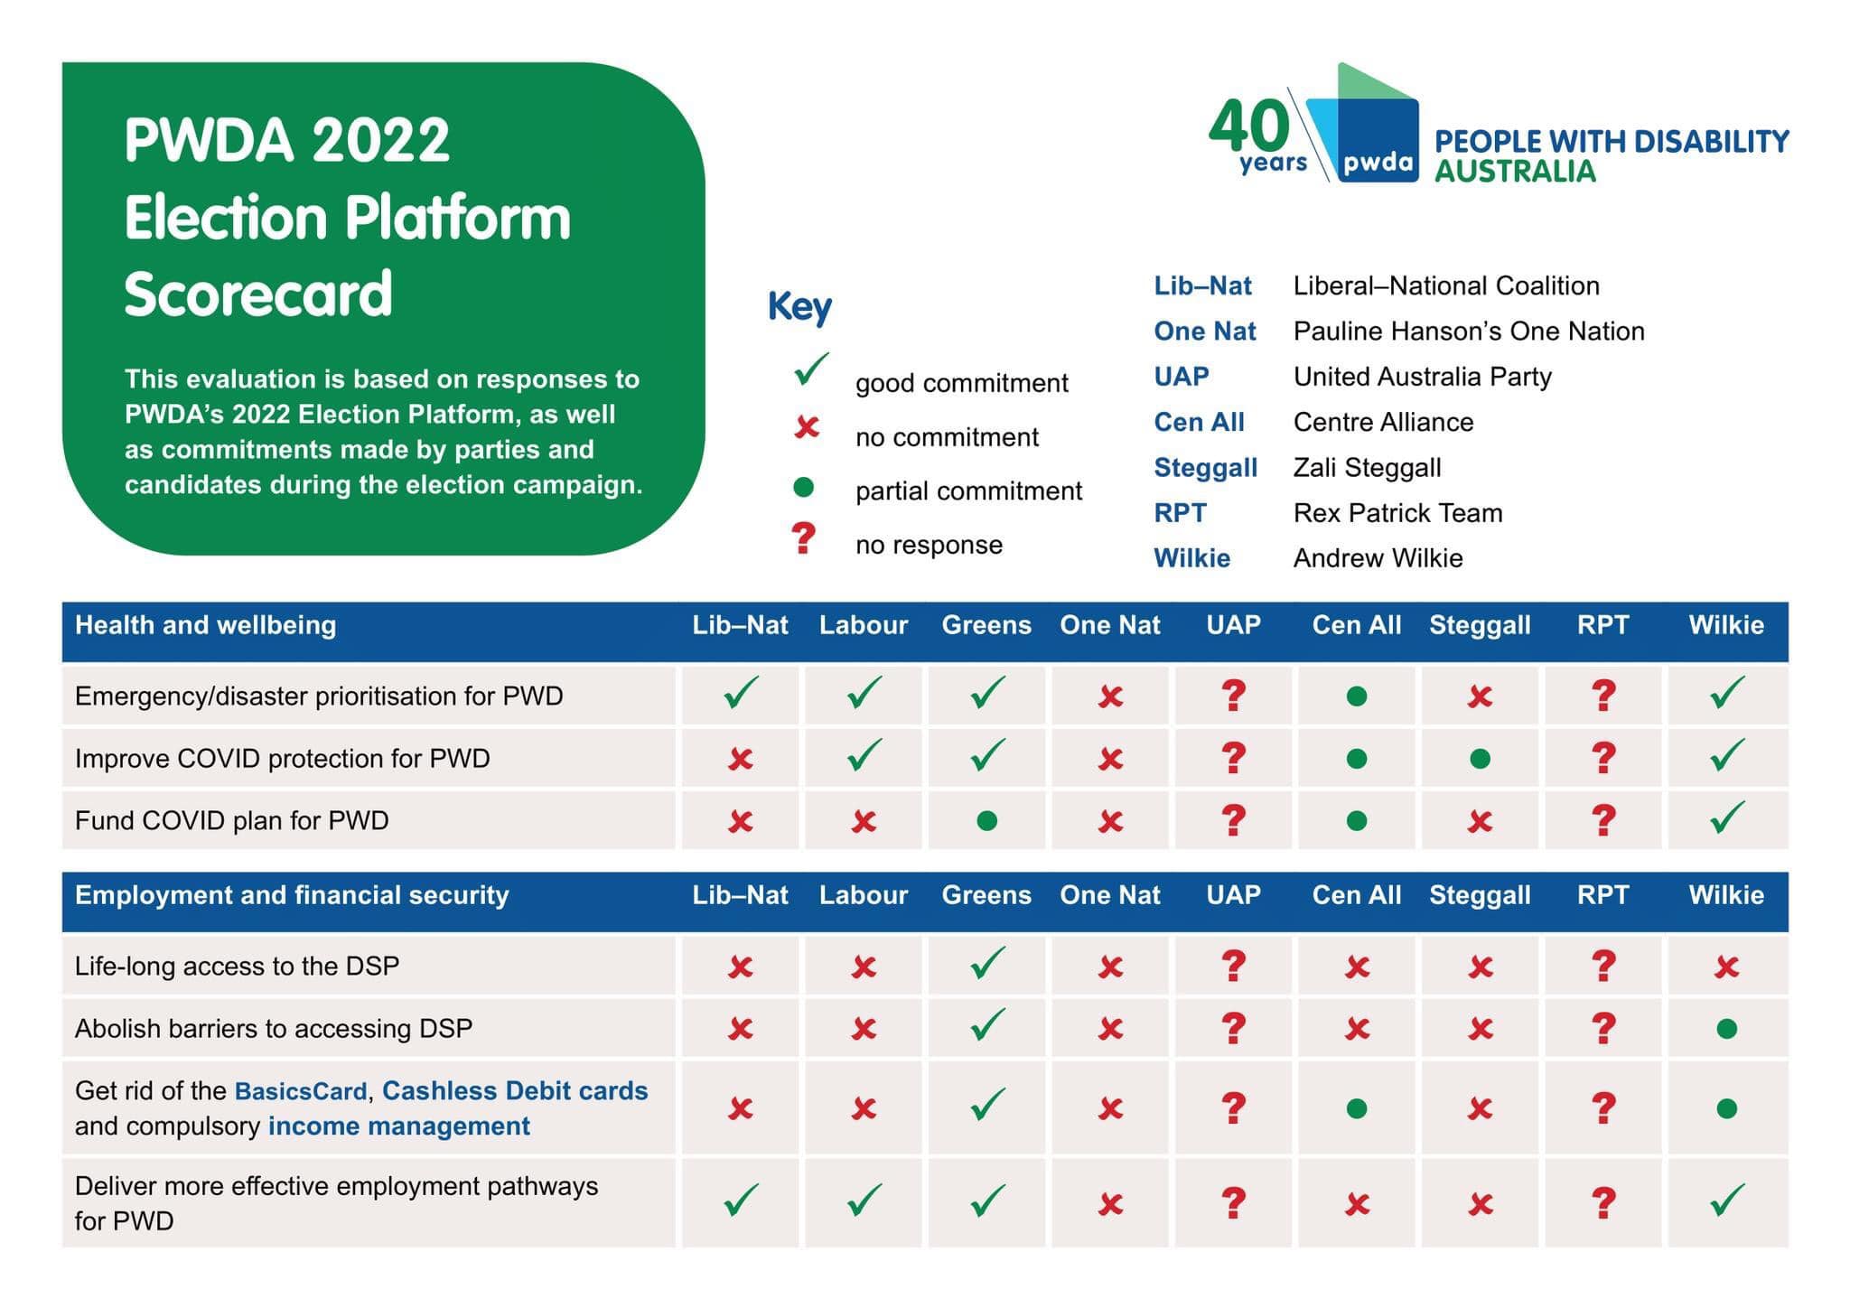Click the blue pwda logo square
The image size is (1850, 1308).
pyautogui.click(x=1378, y=140)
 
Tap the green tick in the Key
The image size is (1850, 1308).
pyautogui.click(x=810, y=369)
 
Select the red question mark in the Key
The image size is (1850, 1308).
pyautogui.click(x=803, y=538)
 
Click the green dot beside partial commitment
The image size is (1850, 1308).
pyautogui.click(x=803, y=488)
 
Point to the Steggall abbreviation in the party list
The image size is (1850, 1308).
pyautogui.click(x=1205, y=468)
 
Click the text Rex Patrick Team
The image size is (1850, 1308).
pyautogui.click(x=1397, y=513)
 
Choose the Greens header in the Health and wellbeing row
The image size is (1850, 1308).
pyautogui.click(x=986, y=625)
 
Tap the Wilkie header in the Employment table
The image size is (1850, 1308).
pyautogui.click(x=1726, y=895)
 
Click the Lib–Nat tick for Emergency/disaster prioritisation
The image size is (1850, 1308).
pyautogui.click(x=741, y=693)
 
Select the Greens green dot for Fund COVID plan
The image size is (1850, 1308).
pyautogui.click(x=987, y=821)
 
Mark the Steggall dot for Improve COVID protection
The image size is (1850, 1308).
pyautogui.click(x=1480, y=759)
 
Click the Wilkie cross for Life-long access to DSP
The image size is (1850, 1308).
pyautogui.click(x=1726, y=967)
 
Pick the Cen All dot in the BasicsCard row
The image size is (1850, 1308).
pyautogui.click(x=1357, y=1108)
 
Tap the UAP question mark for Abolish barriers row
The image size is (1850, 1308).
pyautogui.click(x=1233, y=1028)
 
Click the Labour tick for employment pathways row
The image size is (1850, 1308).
pyautogui.click(x=864, y=1200)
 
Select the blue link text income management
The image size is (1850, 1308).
pyautogui.click(x=399, y=1126)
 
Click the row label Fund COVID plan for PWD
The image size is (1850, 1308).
pyautogui.click(x=232, y=820)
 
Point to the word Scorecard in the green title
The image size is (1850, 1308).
pyautogui.click(x=258, y=294)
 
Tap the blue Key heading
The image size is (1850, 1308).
pyautogui.click(x=799, y=307)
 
